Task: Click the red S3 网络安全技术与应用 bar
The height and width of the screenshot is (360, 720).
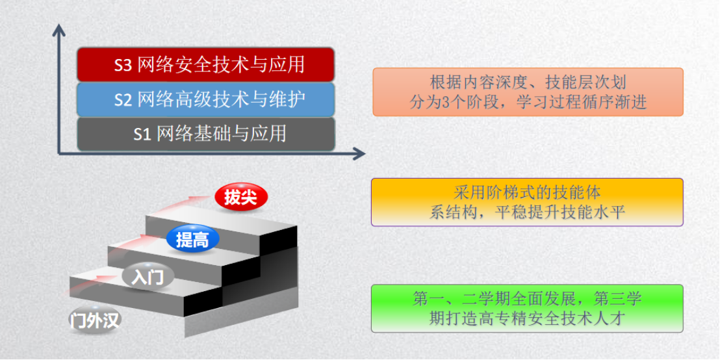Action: (205, 65)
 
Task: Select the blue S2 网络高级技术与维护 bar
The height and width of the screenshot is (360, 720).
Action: (205, 99)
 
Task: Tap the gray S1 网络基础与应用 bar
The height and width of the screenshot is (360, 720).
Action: (205, 134)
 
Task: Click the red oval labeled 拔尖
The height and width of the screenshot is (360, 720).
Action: (240, 198)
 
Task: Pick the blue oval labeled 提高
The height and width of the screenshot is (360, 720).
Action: (192, 238)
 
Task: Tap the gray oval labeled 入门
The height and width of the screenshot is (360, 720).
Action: (148, 277)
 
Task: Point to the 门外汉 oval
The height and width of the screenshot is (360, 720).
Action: (95, 320)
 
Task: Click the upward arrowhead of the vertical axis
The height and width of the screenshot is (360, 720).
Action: (58, 31)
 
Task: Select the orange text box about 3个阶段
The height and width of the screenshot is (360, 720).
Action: (528, 92)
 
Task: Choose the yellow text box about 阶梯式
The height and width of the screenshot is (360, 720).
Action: (527, 202)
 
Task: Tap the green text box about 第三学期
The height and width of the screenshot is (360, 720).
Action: (527, 308)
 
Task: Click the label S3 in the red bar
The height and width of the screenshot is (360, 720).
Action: (123, 65)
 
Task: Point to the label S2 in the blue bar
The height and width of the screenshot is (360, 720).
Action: (123, 99)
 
